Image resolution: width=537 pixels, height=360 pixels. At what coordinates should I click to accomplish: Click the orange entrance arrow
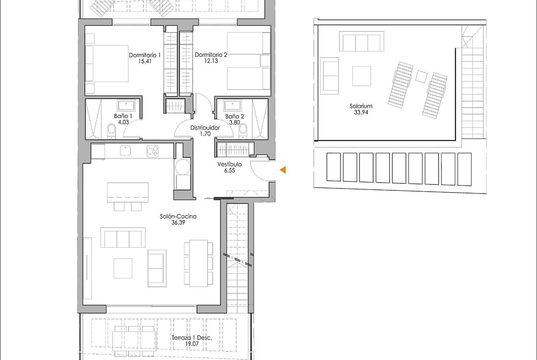283,169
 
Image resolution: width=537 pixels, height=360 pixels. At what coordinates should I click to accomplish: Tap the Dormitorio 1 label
145,55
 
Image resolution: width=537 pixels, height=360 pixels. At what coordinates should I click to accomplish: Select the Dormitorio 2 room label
211,55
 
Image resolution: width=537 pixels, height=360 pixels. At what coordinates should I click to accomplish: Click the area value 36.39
178,222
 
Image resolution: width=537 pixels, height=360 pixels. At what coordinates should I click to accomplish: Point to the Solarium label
361,106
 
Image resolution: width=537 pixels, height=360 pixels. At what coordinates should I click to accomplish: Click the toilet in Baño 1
112,131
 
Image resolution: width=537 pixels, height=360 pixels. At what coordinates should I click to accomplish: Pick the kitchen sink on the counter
125,151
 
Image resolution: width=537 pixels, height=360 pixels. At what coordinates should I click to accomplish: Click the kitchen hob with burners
152,151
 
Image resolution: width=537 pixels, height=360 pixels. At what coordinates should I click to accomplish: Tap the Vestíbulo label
229,164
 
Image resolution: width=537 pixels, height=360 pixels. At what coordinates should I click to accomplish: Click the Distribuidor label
205,127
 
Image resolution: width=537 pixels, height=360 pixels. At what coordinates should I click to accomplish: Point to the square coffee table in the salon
123,268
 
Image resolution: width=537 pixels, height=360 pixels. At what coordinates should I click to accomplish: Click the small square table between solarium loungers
421,76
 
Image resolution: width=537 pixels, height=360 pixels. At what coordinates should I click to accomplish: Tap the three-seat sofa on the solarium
361,41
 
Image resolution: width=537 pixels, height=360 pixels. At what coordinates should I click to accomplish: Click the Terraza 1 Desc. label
192,338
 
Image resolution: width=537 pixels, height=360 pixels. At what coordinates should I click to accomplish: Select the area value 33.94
361,112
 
